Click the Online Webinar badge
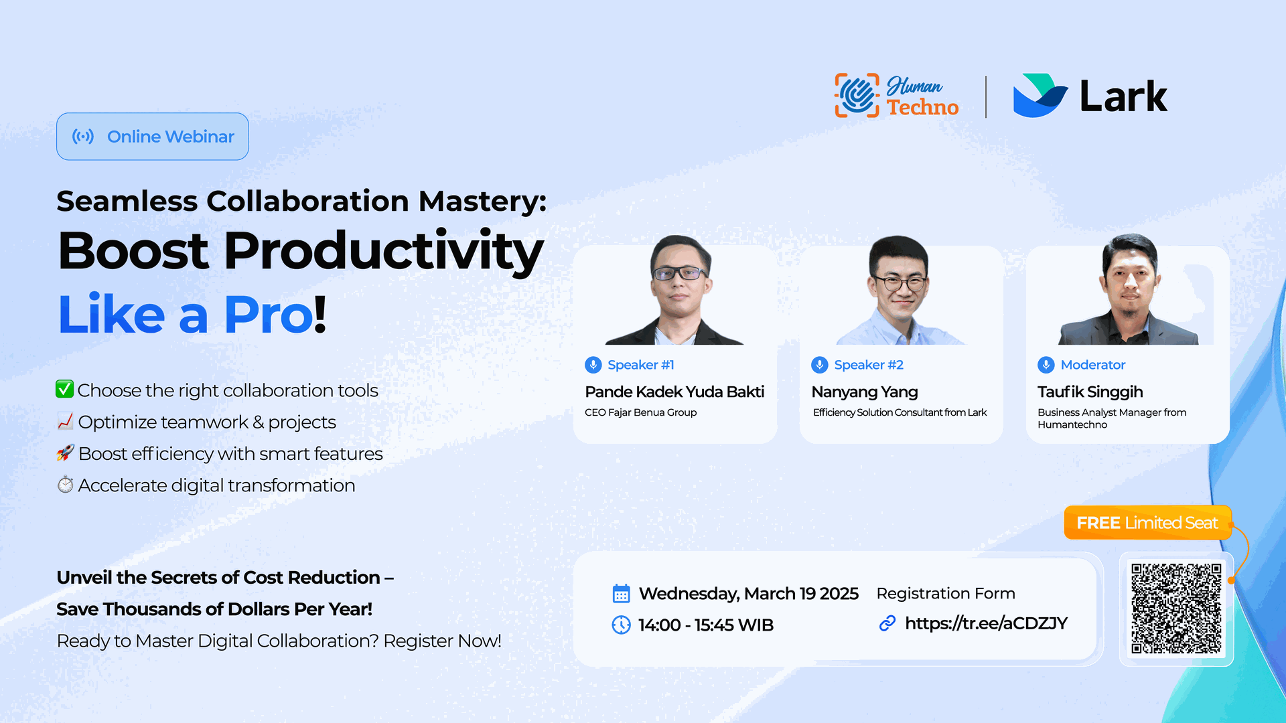click(153, 137)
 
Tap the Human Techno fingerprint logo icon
click(857, 96)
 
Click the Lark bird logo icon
click(1040, 95)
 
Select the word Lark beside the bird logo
click(1123, 96)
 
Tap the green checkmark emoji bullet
click(64, 389)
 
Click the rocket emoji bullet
click(65, 453)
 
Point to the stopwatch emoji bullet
click(65, 484)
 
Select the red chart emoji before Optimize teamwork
click(65, 421)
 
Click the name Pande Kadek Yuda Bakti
click(674, 392)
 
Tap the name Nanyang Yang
click(865, 392)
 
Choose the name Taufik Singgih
click(1090, 392)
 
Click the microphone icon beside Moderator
click(1046, 365)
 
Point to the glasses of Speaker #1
click(679, 273)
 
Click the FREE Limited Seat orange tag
click(1147, 523)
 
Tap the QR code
click(1176, 609)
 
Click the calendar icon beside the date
click(621, 594)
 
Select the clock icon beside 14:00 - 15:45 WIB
click(621, 625)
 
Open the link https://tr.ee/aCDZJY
click(986, 624)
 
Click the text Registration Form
click(946, 594)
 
